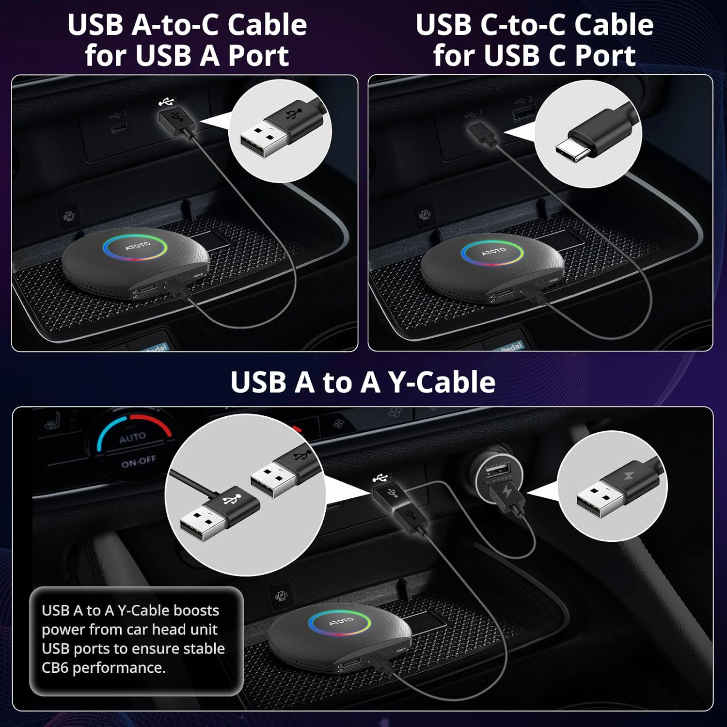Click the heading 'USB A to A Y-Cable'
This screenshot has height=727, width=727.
(363, 382)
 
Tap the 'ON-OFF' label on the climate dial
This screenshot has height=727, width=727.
(139, 462)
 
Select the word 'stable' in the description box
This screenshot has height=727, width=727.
(202, 648)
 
